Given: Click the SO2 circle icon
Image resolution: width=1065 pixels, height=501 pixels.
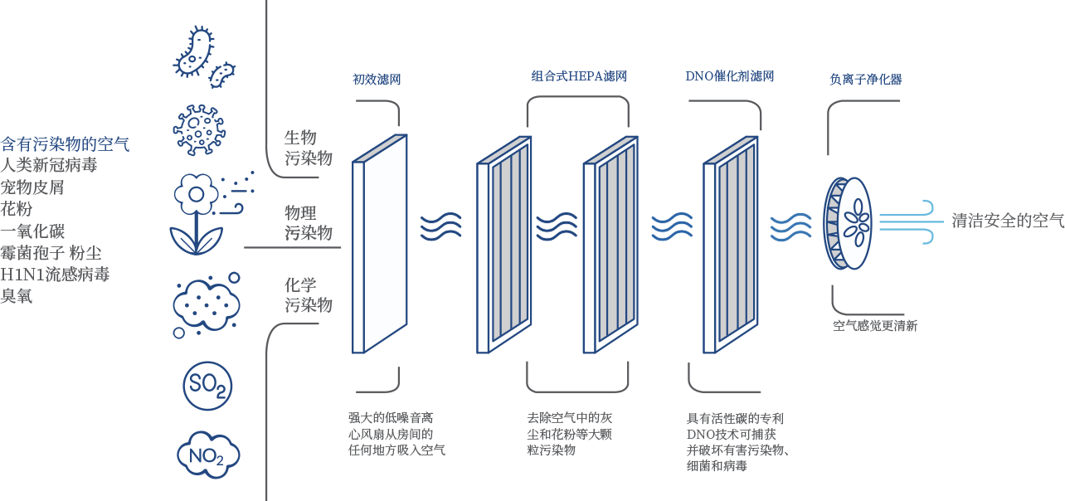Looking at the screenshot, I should point(207,386).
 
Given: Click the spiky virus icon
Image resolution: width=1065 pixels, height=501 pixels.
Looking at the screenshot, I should point(199,130).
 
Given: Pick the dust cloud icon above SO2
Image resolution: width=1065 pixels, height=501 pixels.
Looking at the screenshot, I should point(206,304).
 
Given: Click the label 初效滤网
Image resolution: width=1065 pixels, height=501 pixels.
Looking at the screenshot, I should point(377,80).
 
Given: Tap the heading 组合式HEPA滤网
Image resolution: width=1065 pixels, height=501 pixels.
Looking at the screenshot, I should point(578,76).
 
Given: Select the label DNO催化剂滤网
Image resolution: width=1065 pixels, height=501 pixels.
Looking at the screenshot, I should point(729,76).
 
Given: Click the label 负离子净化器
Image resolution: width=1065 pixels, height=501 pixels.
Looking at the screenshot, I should point(865,80).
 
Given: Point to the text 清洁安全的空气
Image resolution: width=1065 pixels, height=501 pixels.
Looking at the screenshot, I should point(1007,221).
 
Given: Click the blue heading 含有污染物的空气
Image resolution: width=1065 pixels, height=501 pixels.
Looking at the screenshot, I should point(65,143).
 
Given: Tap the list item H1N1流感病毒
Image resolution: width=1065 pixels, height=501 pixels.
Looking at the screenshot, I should point(55,274).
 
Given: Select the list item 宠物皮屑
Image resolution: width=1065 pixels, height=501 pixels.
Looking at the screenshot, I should point(32,187).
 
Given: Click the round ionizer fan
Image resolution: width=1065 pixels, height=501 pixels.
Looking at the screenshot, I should point(849,222).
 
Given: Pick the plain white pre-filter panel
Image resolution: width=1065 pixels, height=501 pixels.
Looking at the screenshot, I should point(380,243).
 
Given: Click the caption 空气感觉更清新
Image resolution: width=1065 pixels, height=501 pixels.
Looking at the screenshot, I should point(875,326).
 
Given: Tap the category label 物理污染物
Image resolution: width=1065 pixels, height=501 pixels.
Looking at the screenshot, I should point(309,222).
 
